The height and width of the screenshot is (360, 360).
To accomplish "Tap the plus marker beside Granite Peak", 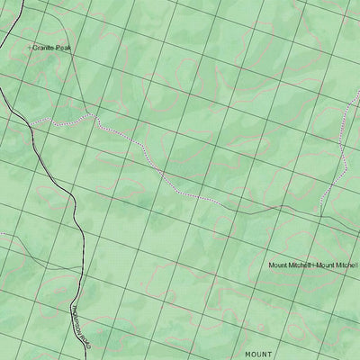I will [30, 45].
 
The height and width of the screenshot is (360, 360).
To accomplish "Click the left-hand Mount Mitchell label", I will [289, 266].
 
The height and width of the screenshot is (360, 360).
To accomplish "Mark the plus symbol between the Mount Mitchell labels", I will [313, 266].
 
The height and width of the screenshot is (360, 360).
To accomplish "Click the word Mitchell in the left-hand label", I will [300, 266].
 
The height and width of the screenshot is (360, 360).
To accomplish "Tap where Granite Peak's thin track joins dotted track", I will [91, 114].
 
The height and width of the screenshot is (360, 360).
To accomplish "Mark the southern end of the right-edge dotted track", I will [320, 213].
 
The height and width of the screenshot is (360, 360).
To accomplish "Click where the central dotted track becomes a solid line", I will [216, 201].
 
